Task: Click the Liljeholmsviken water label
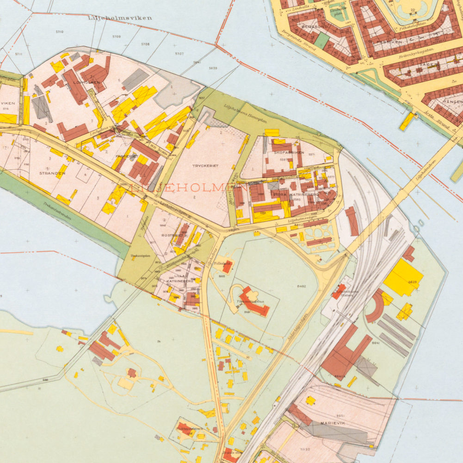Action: point(119,18)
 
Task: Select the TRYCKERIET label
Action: point(204,165)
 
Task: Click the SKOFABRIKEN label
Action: point(289,152)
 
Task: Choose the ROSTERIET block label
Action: point(171,235)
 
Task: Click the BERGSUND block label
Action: point(314,26)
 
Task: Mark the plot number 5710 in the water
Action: point(60,32)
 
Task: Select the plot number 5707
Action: point(179,54)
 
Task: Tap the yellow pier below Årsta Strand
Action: point(407,121)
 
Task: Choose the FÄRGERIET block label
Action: point(124,156)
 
